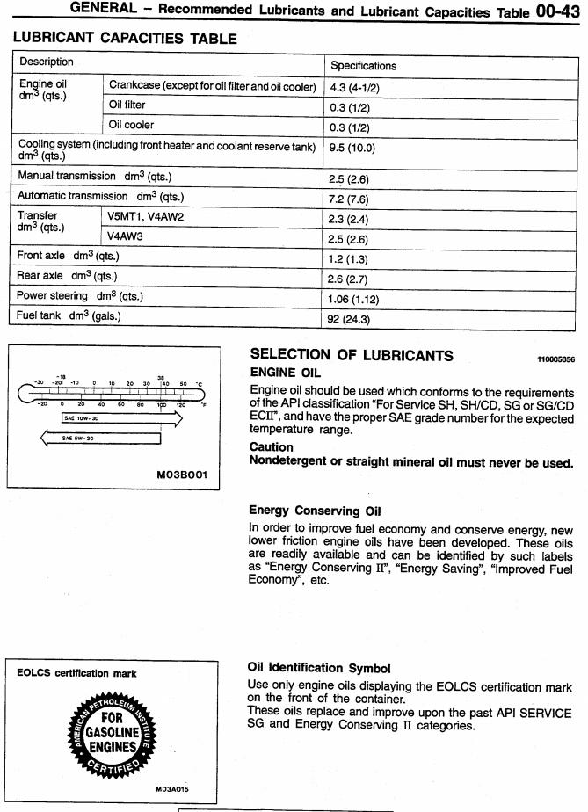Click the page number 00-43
(x=557, y=12)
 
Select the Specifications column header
(x=363, y=65)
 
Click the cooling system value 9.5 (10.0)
(x=352, y=149)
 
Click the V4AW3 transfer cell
(x=128, y=236)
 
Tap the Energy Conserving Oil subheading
(x=304, y=511)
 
